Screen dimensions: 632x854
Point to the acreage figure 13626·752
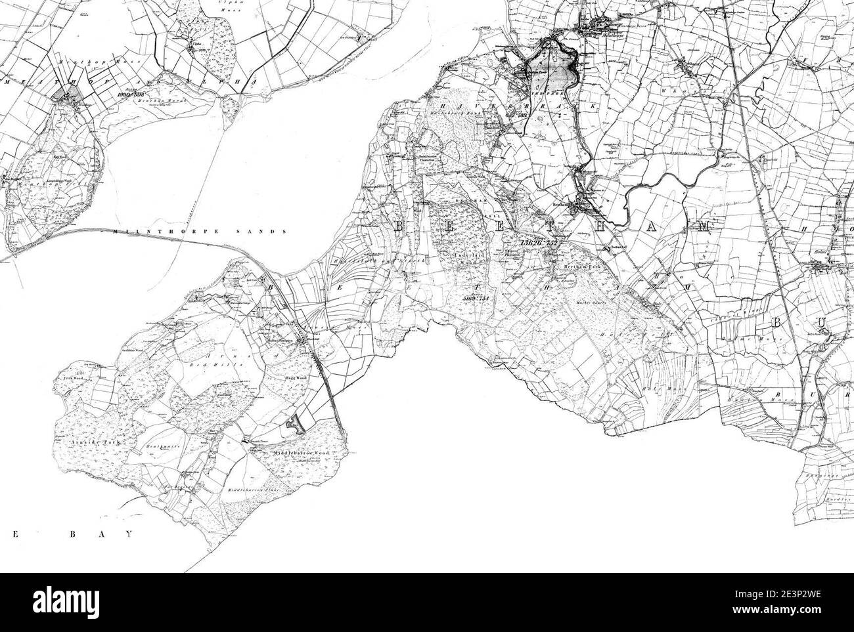pos(537,243)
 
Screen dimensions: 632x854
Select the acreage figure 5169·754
pos(477,298)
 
